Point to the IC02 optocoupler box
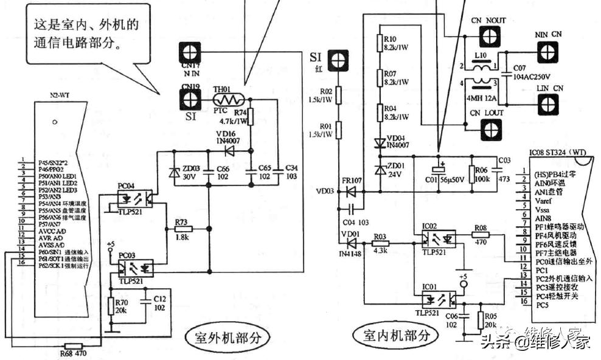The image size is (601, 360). (x=439, y=234)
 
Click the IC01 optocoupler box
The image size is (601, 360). (x=439, y=299)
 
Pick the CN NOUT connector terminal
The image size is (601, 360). (x=485, y=38)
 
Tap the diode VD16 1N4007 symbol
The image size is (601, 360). (x=229, y=149)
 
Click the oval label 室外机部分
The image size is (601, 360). (x=226, y=337)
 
